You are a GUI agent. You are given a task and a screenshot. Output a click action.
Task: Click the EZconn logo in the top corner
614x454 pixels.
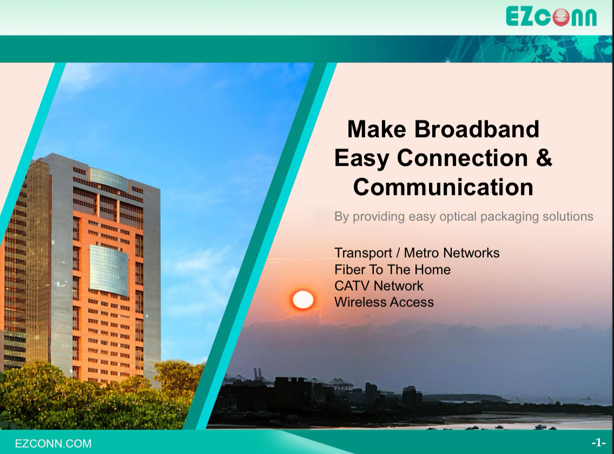tap(551, 16)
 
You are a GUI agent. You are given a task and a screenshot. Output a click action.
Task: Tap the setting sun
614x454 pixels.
tap(303, 300)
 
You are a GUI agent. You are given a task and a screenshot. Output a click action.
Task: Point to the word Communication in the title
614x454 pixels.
tap(443, 187)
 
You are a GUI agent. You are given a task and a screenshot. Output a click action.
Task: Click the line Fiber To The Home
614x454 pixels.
tap(392, 269)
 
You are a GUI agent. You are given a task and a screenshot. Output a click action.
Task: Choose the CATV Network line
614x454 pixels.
tap(379, 286)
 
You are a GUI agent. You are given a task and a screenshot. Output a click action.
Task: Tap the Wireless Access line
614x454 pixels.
tap(384, 302)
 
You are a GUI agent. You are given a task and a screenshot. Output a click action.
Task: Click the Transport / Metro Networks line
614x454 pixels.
tap(417, 253)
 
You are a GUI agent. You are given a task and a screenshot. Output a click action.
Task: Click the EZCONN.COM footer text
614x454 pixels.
tap(53, 443)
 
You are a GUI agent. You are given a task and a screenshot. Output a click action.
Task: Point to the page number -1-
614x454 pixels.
tap(598, 443)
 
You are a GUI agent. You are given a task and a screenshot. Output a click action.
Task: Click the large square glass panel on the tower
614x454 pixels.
tap(109, 270)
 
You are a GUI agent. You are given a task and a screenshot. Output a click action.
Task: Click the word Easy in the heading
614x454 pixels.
tap(361, 158)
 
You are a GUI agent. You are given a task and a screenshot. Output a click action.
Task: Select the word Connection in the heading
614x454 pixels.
tap(462, 158)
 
